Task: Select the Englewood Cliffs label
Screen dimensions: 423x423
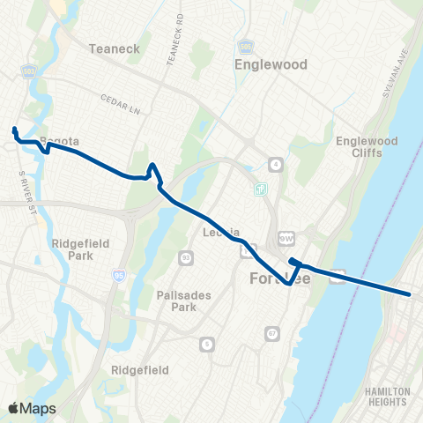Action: click(373, 147)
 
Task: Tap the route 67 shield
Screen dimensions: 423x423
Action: click(272, 333)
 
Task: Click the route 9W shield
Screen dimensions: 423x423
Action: click(284, 237)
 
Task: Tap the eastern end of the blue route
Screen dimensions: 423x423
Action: click(410, 293)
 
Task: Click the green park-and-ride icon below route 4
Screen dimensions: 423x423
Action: click(260, 189)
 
